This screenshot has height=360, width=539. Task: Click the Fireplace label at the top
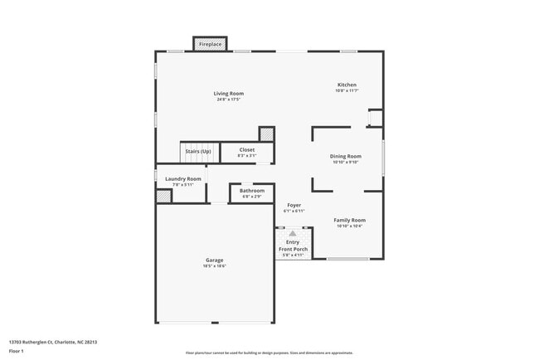(211, 43)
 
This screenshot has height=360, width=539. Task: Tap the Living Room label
(230, 94)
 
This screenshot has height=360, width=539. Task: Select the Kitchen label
(347, 85)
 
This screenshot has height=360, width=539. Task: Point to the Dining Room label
(347, 156)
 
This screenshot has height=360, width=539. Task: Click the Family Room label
(350, 220)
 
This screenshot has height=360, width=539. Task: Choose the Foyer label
(294, 205)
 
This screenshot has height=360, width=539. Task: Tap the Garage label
(215, 260)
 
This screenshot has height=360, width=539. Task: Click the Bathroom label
(252, 191)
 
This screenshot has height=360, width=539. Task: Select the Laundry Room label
(183, 178)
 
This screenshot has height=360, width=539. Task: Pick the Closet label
(247, 149)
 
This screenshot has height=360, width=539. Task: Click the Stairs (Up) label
(198, 152)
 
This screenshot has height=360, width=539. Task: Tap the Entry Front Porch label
(293, 246)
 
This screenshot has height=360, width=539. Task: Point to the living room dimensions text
(230, 100)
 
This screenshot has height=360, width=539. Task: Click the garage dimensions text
(215, 266)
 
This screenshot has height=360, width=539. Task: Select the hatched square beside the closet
(266, 134)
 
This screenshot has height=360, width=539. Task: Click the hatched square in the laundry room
(164, 196)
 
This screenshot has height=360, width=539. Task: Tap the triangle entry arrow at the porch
(293, 234)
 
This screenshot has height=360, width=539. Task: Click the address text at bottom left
(53, 341)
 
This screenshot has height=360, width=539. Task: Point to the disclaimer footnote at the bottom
(269, 353)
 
